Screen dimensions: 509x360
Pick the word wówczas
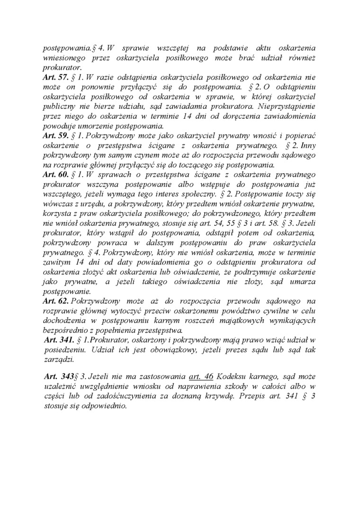click(x=56, y=203)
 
